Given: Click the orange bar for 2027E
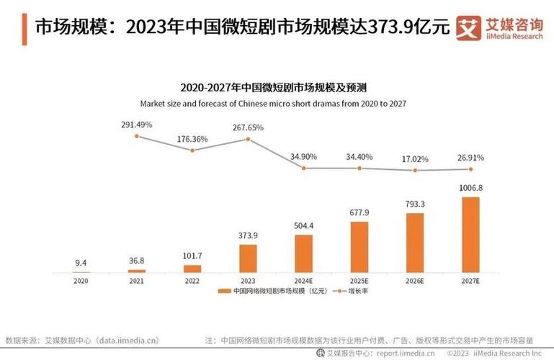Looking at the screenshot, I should click(x=470, y=235).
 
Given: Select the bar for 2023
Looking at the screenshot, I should click(x=248, y=258).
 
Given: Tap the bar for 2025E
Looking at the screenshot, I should click(x=359, y=247).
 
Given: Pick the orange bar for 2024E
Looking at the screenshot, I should click(x=303, y=253).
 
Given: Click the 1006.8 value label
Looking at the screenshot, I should click(x=470, y=188).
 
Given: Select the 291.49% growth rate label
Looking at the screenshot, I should click(x=136, y=125).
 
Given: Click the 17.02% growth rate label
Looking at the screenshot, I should click(x=415, y=158).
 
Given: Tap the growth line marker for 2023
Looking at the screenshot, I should click(x=248, y=139).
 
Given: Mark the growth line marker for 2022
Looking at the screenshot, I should click(x=192, y=150).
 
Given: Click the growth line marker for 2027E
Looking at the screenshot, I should click(x=470, y=169).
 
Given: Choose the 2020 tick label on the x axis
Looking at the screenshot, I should click(x=81, y=280).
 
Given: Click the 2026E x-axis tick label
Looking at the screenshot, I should click(x=415, y=280).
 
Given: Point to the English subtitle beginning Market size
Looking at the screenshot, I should click(x=274, y=104).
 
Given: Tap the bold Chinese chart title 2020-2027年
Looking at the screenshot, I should click(x=274, y=88).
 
